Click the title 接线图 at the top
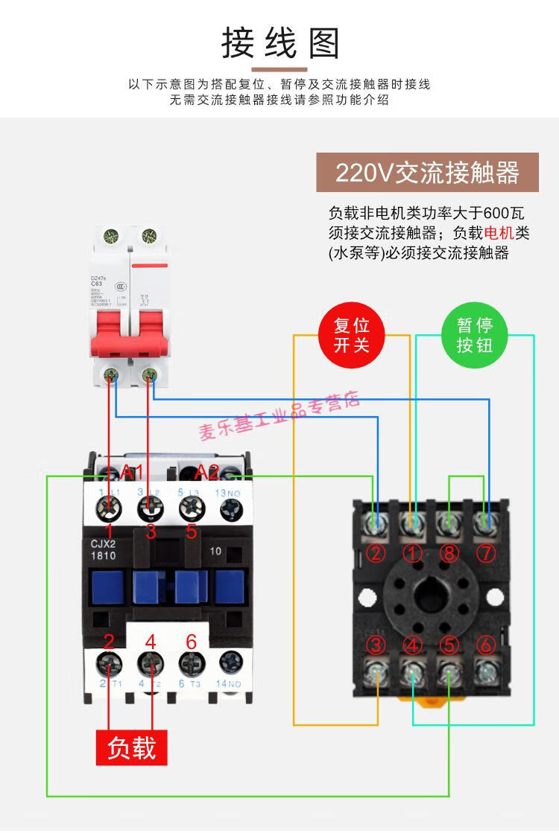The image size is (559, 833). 280,43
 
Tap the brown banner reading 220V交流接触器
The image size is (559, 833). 427,173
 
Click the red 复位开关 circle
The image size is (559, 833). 352,335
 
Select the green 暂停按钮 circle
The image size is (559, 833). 475,335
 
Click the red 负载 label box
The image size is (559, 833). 132,747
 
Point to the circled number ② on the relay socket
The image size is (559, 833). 377,553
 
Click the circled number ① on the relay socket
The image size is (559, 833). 412,553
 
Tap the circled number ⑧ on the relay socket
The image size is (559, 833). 449,553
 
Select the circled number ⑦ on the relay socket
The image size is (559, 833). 484,553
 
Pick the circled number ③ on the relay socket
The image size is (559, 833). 377,645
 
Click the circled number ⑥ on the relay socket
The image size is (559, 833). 485,645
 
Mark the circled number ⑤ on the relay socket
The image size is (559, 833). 449,645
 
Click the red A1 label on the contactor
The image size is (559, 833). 132,471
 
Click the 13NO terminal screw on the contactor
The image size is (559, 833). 229,508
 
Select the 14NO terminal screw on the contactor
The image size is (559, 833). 229,663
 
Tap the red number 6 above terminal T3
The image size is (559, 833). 191,641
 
